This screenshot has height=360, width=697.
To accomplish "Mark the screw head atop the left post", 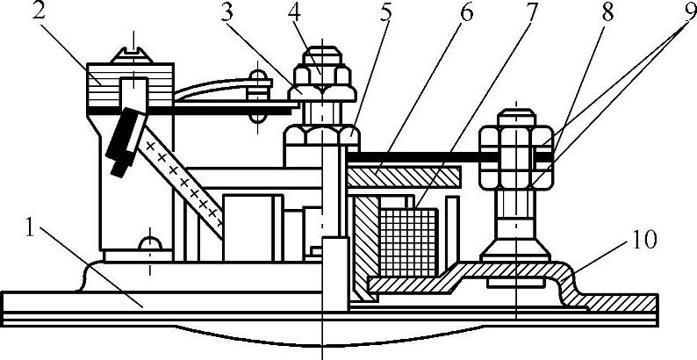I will (133, 50).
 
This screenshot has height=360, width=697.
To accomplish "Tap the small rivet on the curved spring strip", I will (256, 88).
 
